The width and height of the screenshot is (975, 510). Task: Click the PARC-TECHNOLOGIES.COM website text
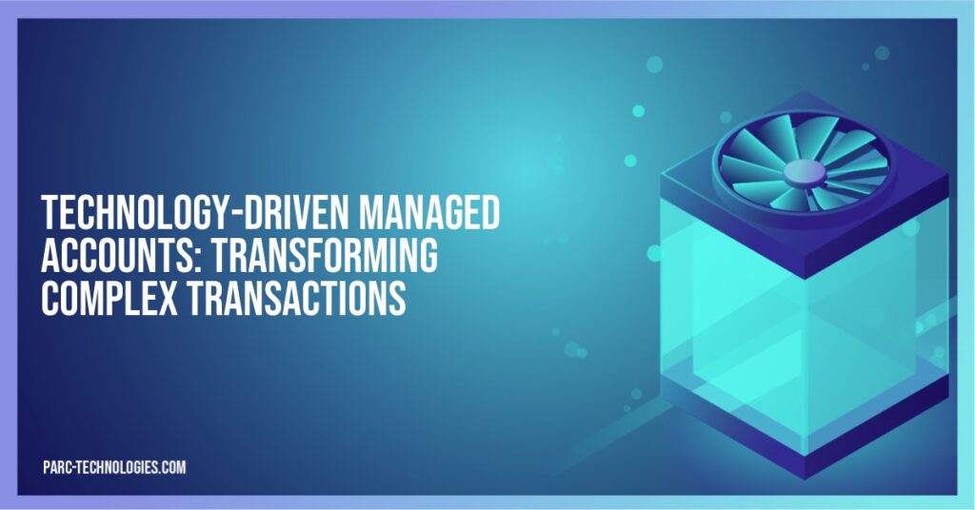(x=114, y=467)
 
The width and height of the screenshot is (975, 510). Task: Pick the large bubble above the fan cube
(x=654, y=65)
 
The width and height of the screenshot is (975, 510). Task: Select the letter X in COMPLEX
(x=173, y=299)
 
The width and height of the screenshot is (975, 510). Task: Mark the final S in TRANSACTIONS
(x=399, y=299)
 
